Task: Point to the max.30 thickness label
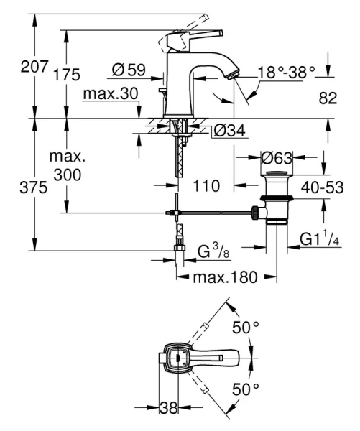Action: tap(109, 94)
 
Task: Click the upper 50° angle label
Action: tap(245, 328)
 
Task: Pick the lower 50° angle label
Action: tap(245, 389)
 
